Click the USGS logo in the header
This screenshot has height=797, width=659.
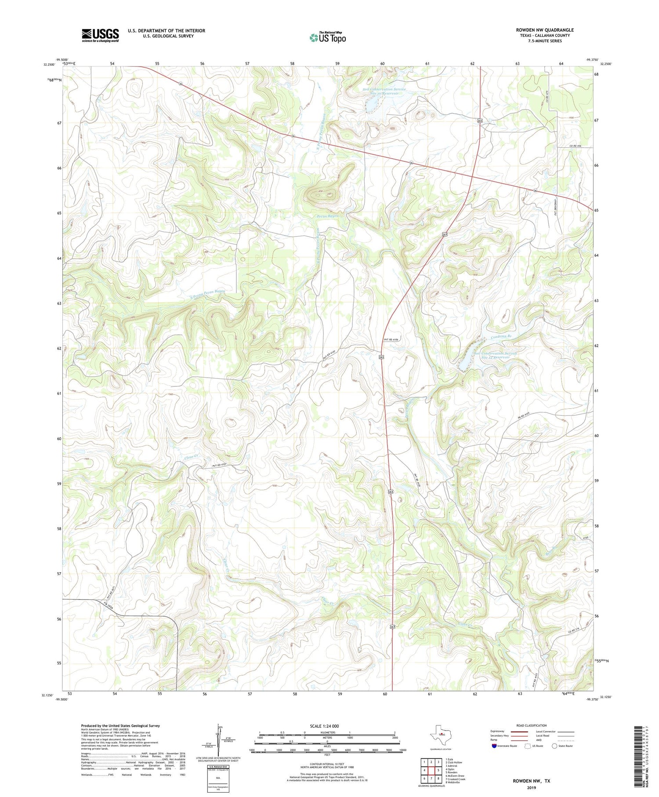[100, 35]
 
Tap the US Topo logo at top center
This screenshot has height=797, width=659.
[327, 38]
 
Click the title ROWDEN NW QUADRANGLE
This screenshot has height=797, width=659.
[544, 30]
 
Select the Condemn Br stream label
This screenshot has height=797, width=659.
[501, 337]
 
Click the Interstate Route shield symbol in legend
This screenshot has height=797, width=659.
[494, 746]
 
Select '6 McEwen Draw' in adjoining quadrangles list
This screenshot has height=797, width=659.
[455, 775]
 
